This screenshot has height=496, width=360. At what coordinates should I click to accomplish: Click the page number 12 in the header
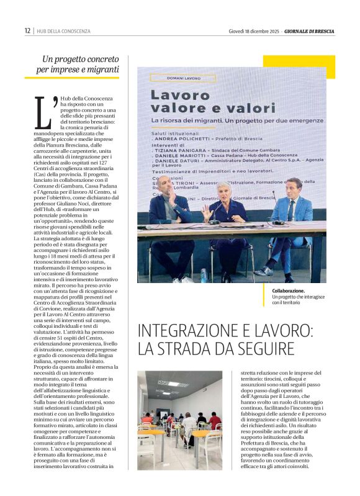[27, 30]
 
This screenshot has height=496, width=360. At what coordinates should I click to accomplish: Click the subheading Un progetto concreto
[78, 60]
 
